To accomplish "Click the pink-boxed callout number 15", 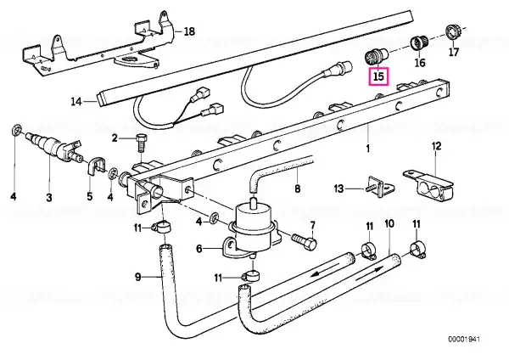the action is click(378, 76).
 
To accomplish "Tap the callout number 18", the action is click(189, 31).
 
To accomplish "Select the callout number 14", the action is click(76, 102).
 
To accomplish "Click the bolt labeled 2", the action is click(141, 143).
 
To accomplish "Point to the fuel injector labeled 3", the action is click(54, 146).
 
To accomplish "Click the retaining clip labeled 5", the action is click(97, 166).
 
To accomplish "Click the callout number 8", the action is click(298, 188).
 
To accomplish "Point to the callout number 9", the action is click(138, 277).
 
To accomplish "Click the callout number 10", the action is click(389, 223).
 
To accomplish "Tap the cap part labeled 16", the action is click(419, 44).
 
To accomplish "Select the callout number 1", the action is click(368, 149).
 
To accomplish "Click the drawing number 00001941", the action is click(464, 340).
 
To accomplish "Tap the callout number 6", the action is click(199, 249).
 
